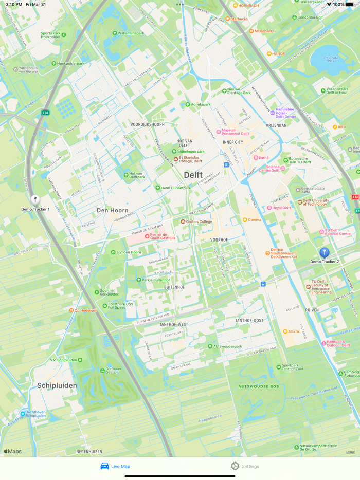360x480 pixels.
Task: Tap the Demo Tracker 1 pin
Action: tap(35, 200)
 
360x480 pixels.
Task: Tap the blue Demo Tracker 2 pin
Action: tap(325, 253)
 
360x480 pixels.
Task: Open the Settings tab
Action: tap(245, 466)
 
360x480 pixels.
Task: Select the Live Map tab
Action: tap(115, 466)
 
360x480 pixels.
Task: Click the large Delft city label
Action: tap(193, 175)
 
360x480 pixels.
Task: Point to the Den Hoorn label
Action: tap(113, 210)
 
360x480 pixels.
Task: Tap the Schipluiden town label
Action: tap(57, 385)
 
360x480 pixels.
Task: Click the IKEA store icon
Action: tap(335, 127)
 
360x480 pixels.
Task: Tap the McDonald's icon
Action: tap(251, 31)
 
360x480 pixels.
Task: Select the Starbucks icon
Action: tap(227, 19)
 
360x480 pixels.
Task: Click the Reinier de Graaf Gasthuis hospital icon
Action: tap(147, 236)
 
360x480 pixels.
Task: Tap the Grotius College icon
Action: tap(183, 222)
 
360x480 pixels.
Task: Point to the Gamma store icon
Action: tap(245, 220)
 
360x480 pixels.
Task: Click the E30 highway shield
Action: tap(45, 113)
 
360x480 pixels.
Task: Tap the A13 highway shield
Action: tap(355, 197)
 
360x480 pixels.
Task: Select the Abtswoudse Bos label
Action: tap(258, 386)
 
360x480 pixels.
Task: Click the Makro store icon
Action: tap(285, 331)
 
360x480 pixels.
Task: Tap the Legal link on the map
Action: tap(350, 452)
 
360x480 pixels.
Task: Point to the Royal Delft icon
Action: tap(269, 208)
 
